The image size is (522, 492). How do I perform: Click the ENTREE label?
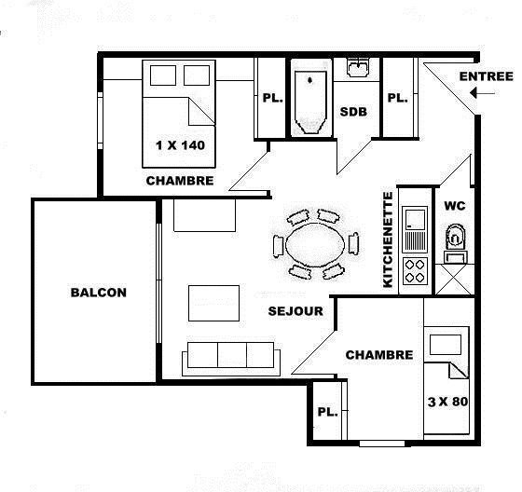pos(487,76)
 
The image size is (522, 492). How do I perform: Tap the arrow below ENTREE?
pos(483,93)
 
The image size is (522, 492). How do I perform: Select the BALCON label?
pos(99,293)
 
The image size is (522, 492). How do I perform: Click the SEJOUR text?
pos(295,311)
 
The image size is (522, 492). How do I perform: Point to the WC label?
pos(455,206)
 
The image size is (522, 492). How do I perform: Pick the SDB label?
pos(353,112)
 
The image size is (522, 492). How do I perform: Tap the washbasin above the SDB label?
pos(358,68)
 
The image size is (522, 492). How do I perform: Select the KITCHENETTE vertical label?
pos(388,239)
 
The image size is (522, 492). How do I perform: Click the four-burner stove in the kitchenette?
pos(415,270)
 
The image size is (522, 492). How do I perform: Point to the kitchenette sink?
pos(415,229)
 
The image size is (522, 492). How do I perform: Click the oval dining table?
pos(315,245)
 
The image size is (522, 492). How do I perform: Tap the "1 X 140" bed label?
pos(180,145)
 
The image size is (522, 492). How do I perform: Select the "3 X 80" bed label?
pos(447,402)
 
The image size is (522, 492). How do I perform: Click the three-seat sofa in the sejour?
pos(231,359)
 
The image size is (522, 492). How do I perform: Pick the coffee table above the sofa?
pos(213,303)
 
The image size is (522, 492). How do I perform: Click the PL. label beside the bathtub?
pos(272,98)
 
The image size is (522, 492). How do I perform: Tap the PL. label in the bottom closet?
pos(327,412)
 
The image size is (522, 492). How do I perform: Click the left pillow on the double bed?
pos(163,75)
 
